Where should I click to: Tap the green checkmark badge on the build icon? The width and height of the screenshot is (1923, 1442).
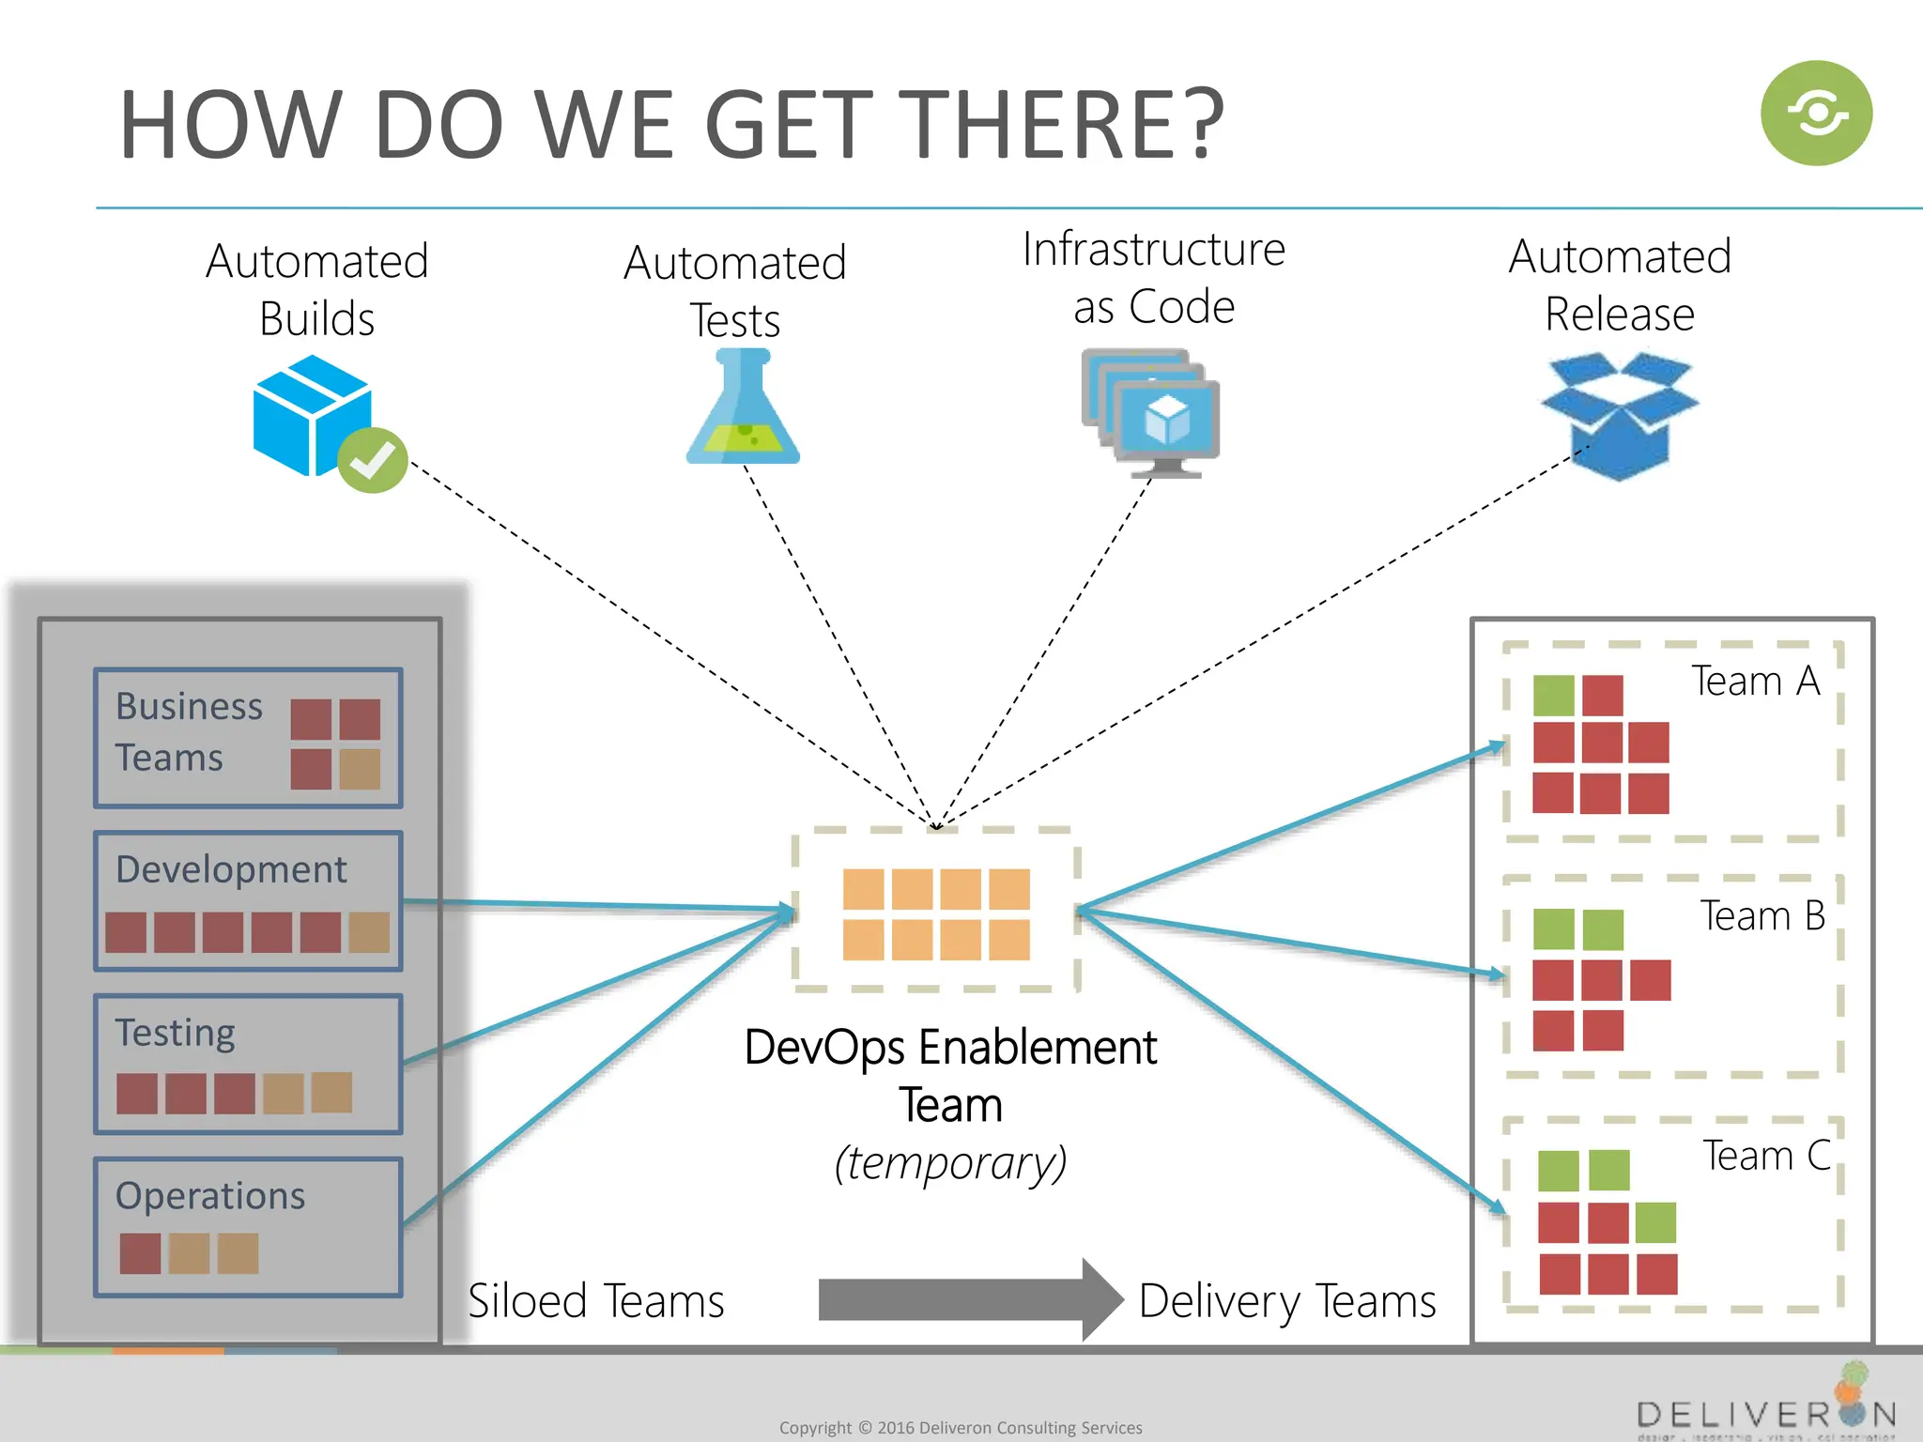pyautogui.click(x=373, y=460)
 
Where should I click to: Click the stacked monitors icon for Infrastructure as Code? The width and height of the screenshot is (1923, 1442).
pyautogui.click(x=1151, y=413)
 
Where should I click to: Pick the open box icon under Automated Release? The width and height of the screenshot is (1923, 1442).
pyautogui.click(x=1619, y=415)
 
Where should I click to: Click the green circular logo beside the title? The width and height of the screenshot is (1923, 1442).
pyautogui.click(x=1816, y=114)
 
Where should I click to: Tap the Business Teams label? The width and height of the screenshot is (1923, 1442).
pyautogui.click(x=188, y=731)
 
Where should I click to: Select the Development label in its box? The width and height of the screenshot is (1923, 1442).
pyautogui.click(x=231, y=869)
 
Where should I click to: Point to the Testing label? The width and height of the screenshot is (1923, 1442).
pyautogui.click(x=176, y=1033)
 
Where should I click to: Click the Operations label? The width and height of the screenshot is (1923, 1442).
pyautogui.click(x=210, y=1196)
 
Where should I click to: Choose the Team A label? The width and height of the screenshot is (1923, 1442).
pyautogui.click(x=1755, y=681)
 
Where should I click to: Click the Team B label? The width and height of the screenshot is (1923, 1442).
pyautogui.click(x=1761, y=915)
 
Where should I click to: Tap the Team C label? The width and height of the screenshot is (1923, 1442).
pyautogui.click(x=1765, y=1156)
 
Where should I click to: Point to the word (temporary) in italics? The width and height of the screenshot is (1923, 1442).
pyautogui.click(x=950, y=1163)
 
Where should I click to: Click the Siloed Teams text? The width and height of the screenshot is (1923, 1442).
pyautogui.click(x=596, y=1301)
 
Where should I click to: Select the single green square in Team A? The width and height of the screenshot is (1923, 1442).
pyautogui.click(x=1553, y=696)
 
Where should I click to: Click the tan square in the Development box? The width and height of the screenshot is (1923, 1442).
pyautogui.click(x=369, y=933)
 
